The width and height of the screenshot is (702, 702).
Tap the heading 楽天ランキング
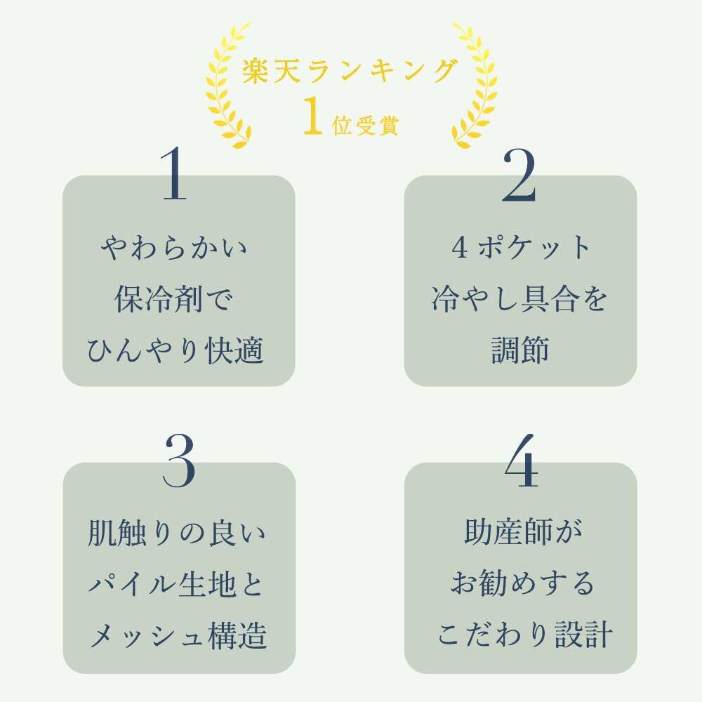pos(350,71)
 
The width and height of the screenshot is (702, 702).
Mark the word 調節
pos(520,351)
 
